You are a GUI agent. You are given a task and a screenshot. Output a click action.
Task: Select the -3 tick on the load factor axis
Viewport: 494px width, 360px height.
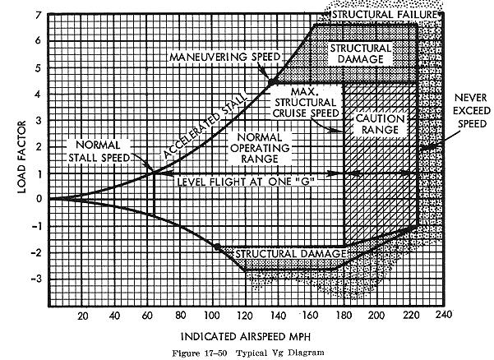[33, 279]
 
